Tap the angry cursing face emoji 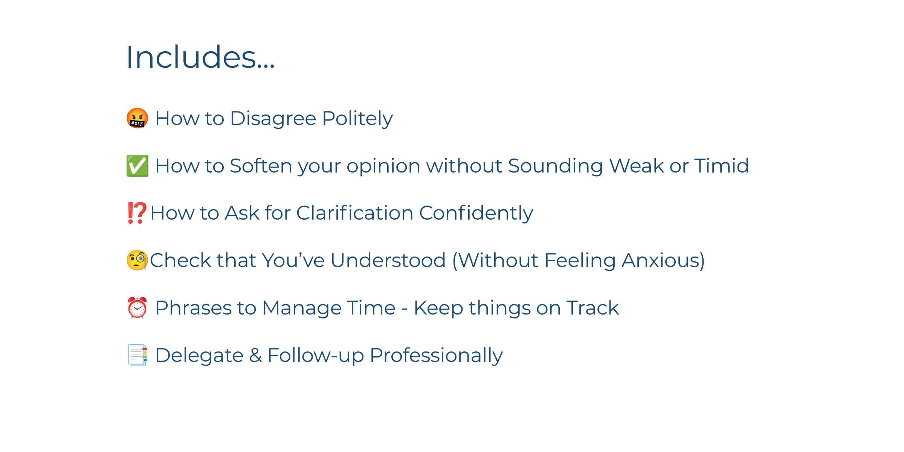(137, 118)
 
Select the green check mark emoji (137, 166)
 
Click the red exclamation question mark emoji (137, 213)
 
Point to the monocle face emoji (137, 260)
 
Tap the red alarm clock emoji (137, 307)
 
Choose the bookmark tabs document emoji (137, 355)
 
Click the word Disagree (273, 119)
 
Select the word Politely (357, 119)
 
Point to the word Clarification (355, 213)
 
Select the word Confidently (476, 214)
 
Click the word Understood (388, 260)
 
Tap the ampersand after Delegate (255, 355)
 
